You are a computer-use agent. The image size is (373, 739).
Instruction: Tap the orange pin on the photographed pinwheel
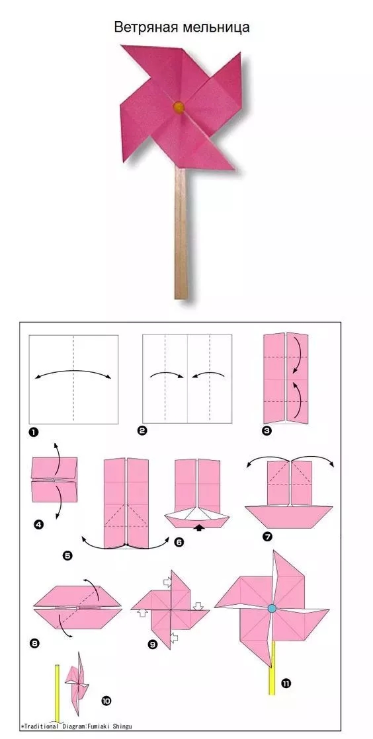[x=179, y=107]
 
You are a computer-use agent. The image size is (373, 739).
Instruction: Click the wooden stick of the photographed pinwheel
[x=181, y=233]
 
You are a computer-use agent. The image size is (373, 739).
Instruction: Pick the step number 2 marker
[x=142, y=430]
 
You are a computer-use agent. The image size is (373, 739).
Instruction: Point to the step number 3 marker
[x=267, y=431]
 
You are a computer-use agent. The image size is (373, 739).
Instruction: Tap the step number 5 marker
[x=67, y=556]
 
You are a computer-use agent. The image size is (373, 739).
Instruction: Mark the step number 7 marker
[x=269, y=536]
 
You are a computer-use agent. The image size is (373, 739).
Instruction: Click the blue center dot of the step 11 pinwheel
[x=272, y=608]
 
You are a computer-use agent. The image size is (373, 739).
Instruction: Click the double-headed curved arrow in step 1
[x=73, y=370]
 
